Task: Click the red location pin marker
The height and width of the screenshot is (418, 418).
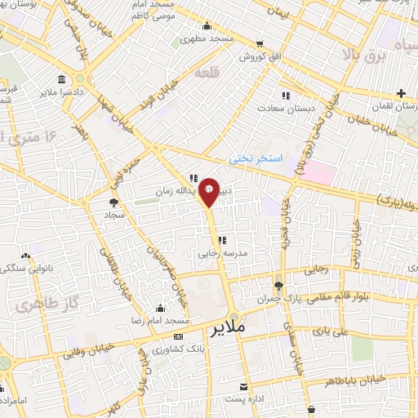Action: tap(209, 191)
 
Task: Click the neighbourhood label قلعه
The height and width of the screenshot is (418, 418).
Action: tap(207, 73)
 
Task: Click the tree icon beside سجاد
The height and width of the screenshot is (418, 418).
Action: tap(113, 202)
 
